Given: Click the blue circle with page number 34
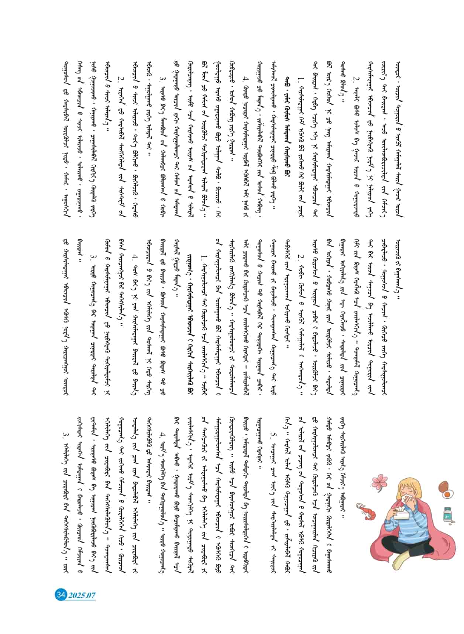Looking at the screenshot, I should [x=60, y=595].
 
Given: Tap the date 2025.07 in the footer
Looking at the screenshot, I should [x=82, y=595].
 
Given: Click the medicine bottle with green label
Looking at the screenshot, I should [x=448, y=515].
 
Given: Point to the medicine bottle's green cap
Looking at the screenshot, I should [x=448, y=509].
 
